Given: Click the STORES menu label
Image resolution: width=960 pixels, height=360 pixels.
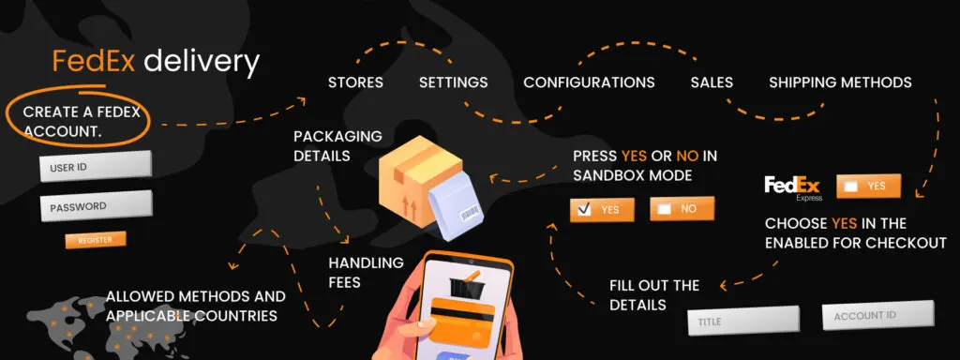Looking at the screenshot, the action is coord(355,82).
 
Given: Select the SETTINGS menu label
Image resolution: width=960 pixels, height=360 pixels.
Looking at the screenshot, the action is coord(453,82).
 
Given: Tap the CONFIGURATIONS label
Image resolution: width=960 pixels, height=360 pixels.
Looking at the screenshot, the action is coord(589,82).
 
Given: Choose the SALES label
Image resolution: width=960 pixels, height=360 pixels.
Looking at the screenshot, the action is coord(712,82).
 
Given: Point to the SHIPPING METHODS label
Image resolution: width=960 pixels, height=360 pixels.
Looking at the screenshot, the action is coord(840,82).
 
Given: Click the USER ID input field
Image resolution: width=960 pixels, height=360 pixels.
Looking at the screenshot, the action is coord(95,166).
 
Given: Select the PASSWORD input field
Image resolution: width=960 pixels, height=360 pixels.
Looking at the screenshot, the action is coord(95,206).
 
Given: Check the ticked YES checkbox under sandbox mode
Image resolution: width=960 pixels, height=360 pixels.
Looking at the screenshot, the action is coord(584,209).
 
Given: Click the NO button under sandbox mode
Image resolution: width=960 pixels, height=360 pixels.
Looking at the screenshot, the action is coord(682,209).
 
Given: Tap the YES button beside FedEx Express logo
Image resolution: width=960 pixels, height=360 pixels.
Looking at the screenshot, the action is coord(868,186).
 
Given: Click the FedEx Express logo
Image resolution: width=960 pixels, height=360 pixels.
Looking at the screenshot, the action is coord(793,187).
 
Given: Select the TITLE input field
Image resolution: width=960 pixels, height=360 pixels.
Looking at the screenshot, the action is coord(743,321).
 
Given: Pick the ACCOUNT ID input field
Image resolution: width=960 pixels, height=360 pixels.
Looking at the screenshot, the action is coord(877,315).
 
